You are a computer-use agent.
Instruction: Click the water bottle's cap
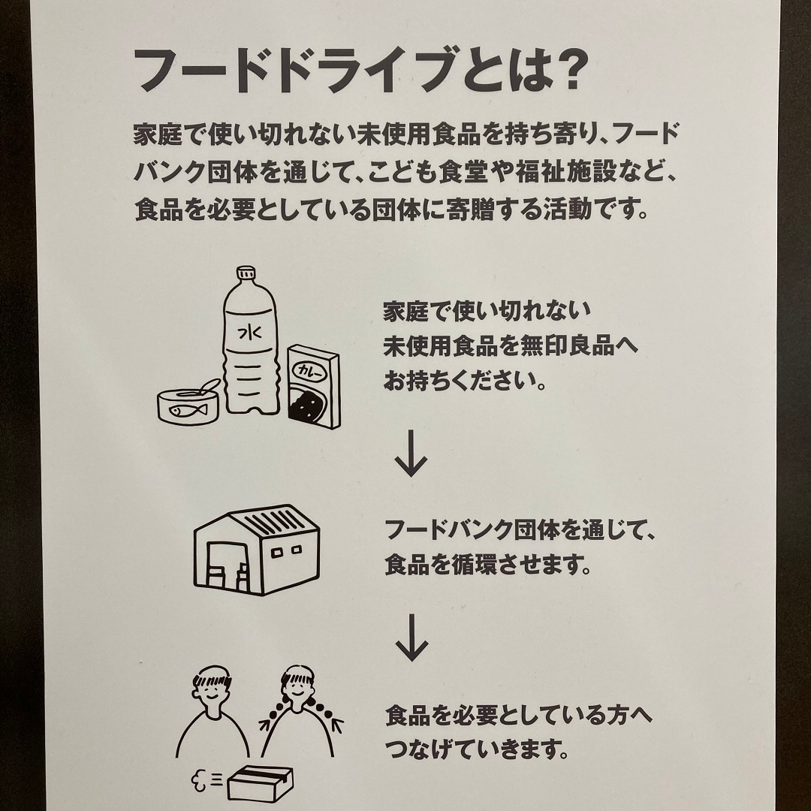(x=246, y=273)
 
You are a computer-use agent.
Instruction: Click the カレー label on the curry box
(x=309, y=371)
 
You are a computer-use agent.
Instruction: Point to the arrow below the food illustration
(x=411, y=453)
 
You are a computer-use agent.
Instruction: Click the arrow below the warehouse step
(x=412, y=638)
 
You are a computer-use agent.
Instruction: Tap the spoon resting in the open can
(x=202, y=388)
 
